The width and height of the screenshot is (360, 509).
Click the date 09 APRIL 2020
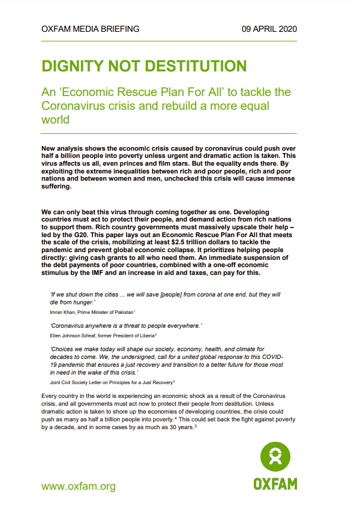coord(269,29)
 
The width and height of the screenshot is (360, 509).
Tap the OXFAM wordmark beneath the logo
coord(275,484)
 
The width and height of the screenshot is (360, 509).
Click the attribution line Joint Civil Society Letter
coord(82,382)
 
